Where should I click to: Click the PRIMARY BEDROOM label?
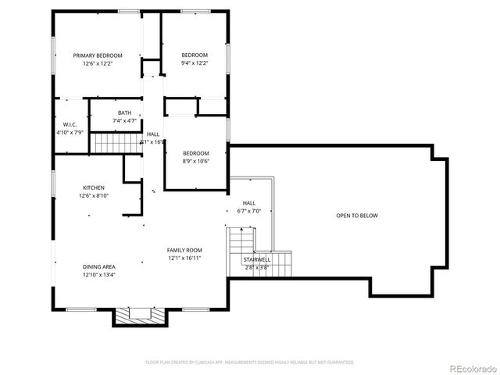[x=98, y=55]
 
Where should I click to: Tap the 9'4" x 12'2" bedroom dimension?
[x=196, y=63]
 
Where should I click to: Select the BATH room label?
[x=125, y=113]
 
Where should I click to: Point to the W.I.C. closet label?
[x=69, y=125]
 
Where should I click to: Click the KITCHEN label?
[x=94, y=187]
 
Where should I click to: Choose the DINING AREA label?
[x=99, y=266]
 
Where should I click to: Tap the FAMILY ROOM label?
[x=184, y=251]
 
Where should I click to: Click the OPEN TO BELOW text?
[x=356, y=216]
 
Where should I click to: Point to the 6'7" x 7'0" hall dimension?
[x=248, y=212]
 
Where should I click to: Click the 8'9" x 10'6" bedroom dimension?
[x=196, y=161]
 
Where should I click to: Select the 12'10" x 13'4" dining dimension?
[x=99, y=275]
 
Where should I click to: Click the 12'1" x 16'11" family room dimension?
[x=184, y=259]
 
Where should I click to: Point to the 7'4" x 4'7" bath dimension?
[x=125, y=121]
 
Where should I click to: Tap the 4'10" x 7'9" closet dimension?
[x=69, y=133]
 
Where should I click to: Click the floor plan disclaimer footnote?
[x=250, y=362]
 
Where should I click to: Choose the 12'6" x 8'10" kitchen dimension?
[x=94, y=195]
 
